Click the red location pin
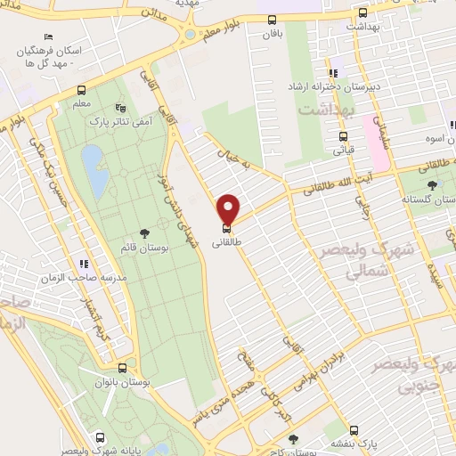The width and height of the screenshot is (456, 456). (229, 208)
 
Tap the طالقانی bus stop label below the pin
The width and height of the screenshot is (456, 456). (226, 240)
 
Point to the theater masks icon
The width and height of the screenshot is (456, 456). (121, 108)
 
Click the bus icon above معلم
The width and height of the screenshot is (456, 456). (82, 90)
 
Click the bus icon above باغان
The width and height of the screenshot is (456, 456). (272, 20)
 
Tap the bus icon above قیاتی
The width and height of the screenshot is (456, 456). (343, 136)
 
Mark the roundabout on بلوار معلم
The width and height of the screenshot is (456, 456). (188, 36)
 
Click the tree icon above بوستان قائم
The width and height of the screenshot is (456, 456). (145, 234)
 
